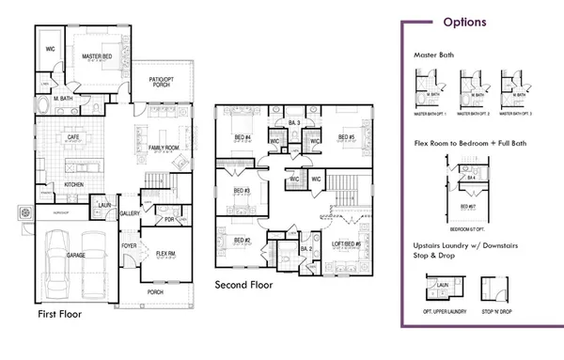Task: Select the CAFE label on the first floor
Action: (71, 137)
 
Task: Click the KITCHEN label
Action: (74, 185)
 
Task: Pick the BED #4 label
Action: (243, 138)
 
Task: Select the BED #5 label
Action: (344, 137)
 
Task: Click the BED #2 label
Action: (241, 241)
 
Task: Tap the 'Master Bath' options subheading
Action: (433, 55)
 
